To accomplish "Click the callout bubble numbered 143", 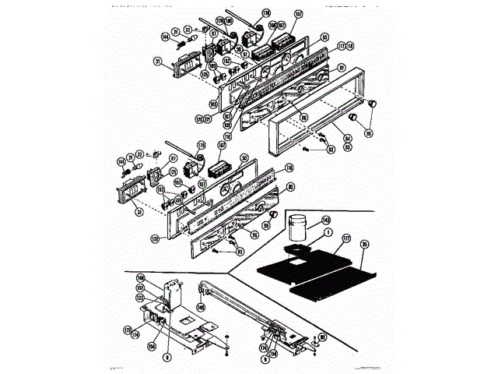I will (326, 220).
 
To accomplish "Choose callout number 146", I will (141, 277).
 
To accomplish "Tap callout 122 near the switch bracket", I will (139, 297).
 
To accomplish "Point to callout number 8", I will (167, 357).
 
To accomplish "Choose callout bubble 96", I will (254, 235).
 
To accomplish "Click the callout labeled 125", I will (205, 75).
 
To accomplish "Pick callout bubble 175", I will (127, 330).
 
